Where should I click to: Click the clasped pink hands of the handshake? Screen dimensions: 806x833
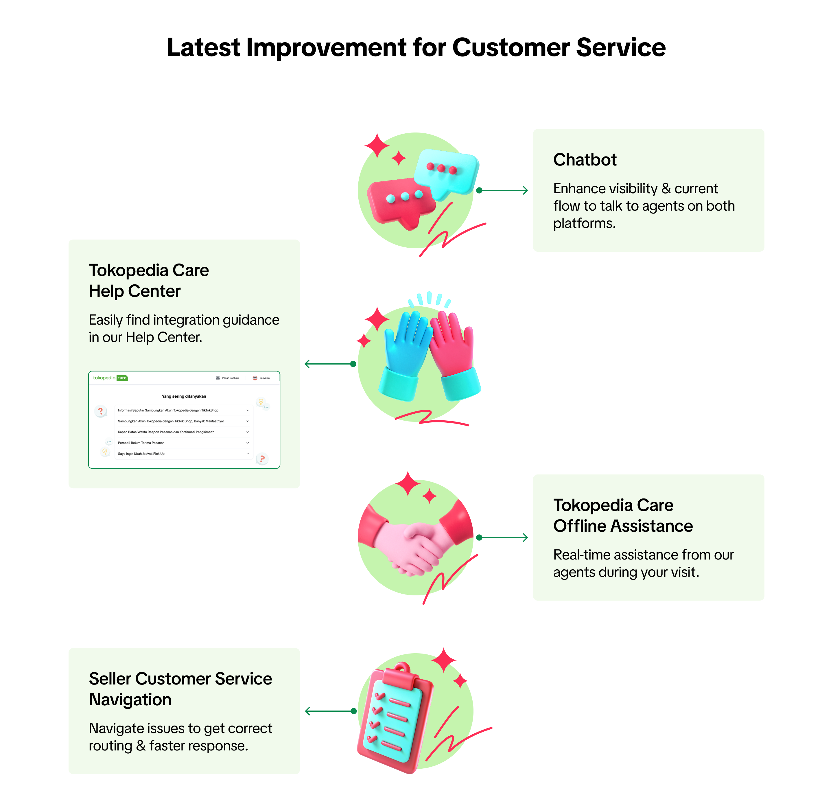point(417,549)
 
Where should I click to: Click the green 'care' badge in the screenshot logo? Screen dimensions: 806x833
point(122,378)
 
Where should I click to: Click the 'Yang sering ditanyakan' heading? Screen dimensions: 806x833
point(184,396)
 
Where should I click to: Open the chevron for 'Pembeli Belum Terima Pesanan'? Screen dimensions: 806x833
point(248,443)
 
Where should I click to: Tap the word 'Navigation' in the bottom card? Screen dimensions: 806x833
point(130,700)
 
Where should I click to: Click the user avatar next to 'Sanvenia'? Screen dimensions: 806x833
point(255,378)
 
